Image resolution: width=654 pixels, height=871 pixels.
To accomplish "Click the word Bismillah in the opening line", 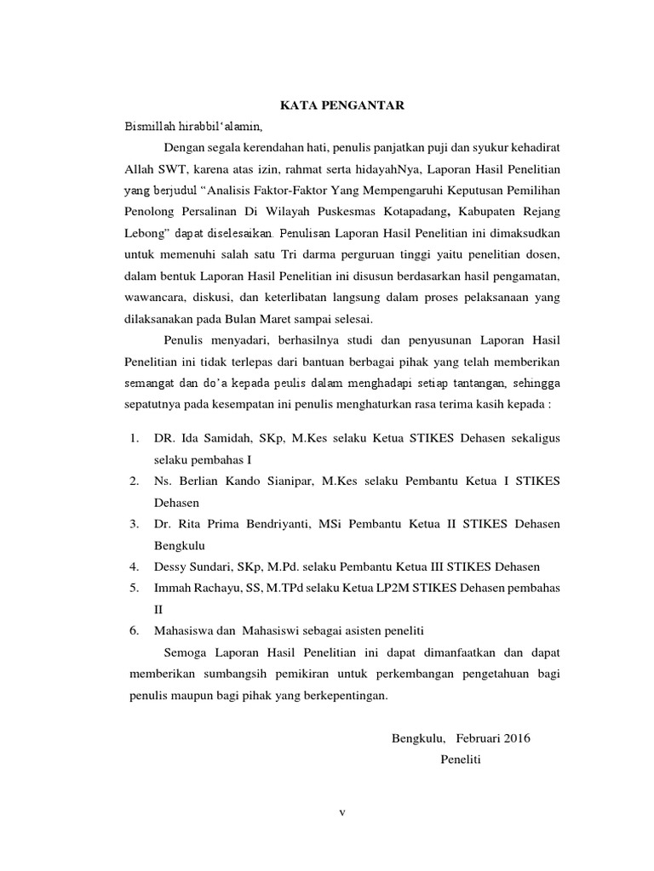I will click(149, 127).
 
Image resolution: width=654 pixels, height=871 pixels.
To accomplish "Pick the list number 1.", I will click(135, 437).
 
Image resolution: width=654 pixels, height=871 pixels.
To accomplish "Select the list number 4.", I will click(135, 566).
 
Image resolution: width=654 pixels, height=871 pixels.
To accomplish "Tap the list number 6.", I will click(135, 630).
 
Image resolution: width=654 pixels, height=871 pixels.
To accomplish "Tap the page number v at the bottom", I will click(342, 812).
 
